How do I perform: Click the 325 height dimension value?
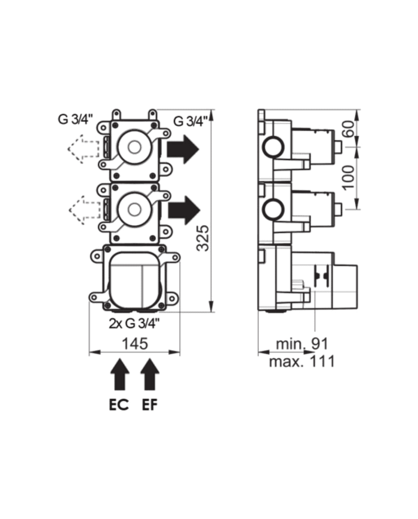click(203, 238)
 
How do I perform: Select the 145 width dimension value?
click(134, 344)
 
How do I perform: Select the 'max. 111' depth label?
click(302, 361)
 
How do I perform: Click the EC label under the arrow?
click(119, 406)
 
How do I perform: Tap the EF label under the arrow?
click(150, 406)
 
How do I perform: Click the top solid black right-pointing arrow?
click(183, 149)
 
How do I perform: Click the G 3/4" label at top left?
click(74, 118)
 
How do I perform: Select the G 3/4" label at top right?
click(190, 121)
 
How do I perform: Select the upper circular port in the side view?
click(274, 147)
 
